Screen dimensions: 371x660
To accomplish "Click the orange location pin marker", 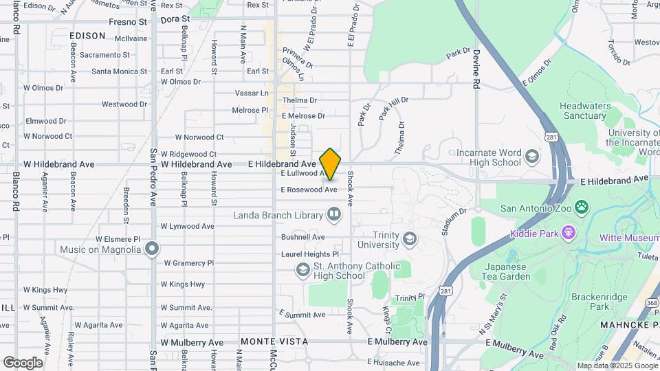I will pyautogui.click(x=331, y=164).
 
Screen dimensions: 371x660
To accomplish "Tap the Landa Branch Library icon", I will pyautogui.click(x=334, y=215).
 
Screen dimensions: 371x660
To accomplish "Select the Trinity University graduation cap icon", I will pyautogui.click(x=410, y=239).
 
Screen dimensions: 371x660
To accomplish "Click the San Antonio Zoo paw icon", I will pyautogui.click(x=582, y=207).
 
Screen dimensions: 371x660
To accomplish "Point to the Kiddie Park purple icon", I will pyautogui.click(x=568, y=234).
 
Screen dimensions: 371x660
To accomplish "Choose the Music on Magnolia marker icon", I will pyautogui.click(x=152, y=249).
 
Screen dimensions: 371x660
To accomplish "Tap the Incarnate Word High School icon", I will pyautogui.click(x=531, y=157).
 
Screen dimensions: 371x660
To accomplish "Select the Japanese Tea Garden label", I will pyautogui.click(x=507, y=271).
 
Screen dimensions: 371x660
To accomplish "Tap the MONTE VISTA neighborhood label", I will pyautogui.click(x=266, y=341).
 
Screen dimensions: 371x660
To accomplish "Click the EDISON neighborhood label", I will pyautogui.click(x=87, y=36).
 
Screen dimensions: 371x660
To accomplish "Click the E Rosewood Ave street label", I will pyautogui.click(x=309, y=190).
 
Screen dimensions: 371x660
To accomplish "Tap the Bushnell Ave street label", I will pyautogui.click(x=302, y=237).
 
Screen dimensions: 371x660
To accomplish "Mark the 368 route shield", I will pyautogui.click(x=652, y=302).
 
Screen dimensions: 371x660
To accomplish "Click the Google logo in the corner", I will pyautogui.click(x=23, y=363).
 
